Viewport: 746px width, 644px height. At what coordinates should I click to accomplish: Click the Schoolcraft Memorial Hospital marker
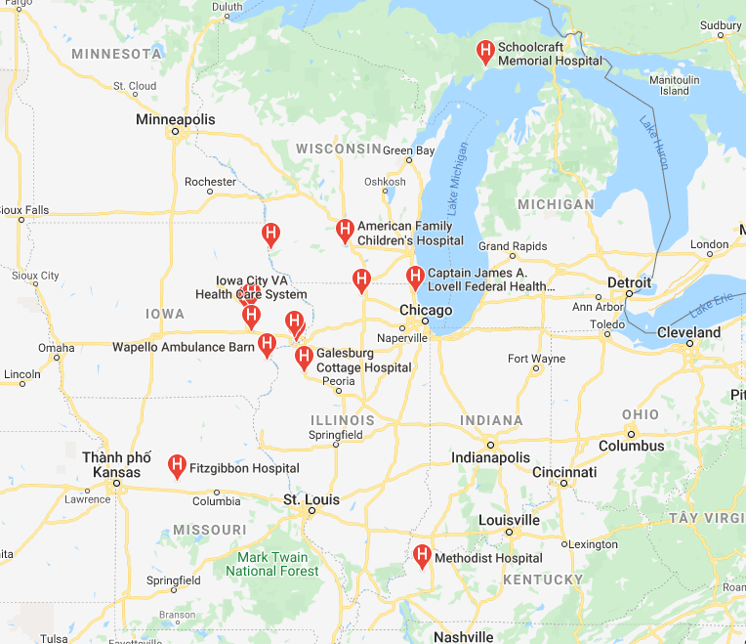[x=483, y=52]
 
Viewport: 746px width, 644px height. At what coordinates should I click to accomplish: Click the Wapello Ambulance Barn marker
[x=267, y=344]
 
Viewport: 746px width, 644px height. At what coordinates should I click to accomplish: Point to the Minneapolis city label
[x=176, y=119]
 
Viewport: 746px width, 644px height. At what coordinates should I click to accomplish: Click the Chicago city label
[x=426, y=311]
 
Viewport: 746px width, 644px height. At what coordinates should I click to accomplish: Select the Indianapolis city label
[x=490, y=457]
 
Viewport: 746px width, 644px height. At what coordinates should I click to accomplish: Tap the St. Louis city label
[x=311, y=499]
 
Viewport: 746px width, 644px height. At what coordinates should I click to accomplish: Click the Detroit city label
[x=629, y=281]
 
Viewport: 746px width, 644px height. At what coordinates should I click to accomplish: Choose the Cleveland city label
[x=688, y=332]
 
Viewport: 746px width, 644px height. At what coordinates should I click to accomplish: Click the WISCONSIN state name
[x=339, y=149]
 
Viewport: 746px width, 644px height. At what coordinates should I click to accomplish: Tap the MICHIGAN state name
[x=556, y=204]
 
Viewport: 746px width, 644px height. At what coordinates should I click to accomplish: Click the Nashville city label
[x=463, y=636]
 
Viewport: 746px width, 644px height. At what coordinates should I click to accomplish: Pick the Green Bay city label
[x=408, y=150]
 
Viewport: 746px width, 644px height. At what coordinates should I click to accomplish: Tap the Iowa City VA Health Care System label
[x=251, y=287]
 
